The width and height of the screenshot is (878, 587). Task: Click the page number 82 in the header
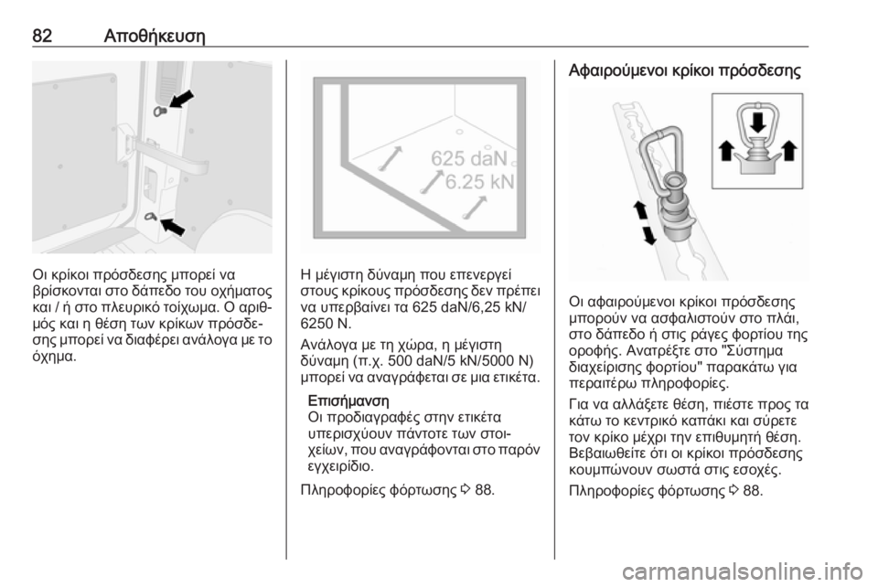click(x=43, y=36)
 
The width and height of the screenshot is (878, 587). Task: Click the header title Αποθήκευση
click(x=155, y=37)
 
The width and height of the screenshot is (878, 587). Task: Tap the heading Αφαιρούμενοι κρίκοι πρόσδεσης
click(x=685, y=70)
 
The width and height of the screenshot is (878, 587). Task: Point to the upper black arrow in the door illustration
click(x=181, y=101)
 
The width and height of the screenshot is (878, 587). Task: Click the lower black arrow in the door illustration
click(x=173, y=226)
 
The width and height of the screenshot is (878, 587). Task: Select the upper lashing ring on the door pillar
click(x=159, y=112)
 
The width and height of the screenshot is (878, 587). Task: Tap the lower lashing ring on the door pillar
click(x=151, y=216)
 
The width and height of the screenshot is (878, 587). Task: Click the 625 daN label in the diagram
click(x=468, y=159)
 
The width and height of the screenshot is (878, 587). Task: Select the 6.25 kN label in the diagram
click(x=479, y=182)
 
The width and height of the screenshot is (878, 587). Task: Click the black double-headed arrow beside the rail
click(x=645, y=223)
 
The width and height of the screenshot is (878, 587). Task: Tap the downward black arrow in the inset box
click(x=757, y=122)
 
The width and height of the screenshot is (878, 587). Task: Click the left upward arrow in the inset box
click(x=725, y=150)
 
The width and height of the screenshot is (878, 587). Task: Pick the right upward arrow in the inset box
click(x=789, y=150)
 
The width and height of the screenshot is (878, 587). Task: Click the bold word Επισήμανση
click(x=348, y=400)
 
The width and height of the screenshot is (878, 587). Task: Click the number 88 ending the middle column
click(x=485, y=490)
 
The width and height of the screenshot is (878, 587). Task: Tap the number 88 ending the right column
click(x=753, y=491)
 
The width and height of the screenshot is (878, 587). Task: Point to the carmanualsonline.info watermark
click(x=742, y=572)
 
